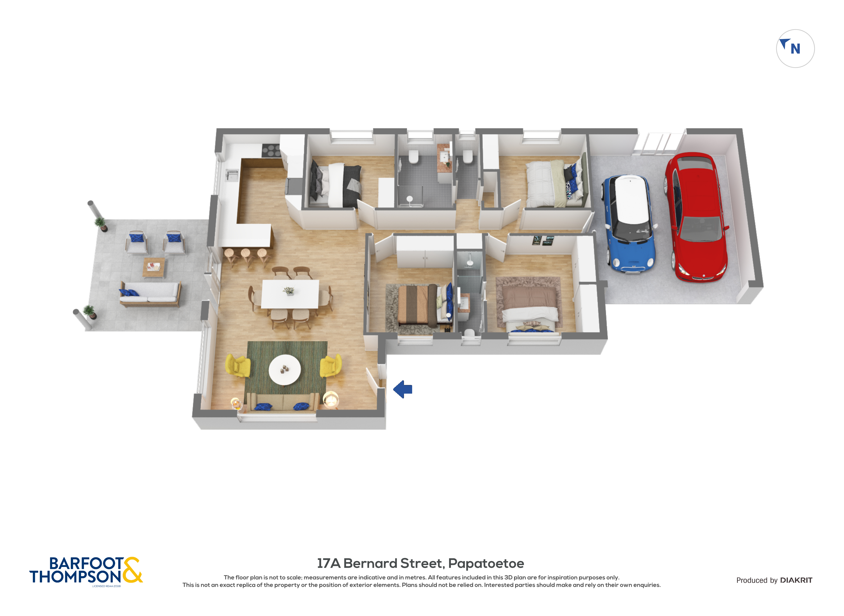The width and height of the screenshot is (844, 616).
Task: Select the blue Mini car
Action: (630, 224)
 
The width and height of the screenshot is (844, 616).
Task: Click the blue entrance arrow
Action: (403, 389)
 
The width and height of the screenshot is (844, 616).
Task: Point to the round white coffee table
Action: (285, 370)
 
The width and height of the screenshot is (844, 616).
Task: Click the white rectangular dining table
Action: (290, 294)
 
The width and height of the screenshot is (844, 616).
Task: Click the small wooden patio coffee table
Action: (154, 267)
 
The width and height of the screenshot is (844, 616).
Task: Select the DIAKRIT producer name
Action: (796, 580)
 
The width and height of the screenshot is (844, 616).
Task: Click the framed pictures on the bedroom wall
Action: (542, 240)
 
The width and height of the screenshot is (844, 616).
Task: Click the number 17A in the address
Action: (329, 563)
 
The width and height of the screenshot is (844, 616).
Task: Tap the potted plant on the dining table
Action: (289, 291)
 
